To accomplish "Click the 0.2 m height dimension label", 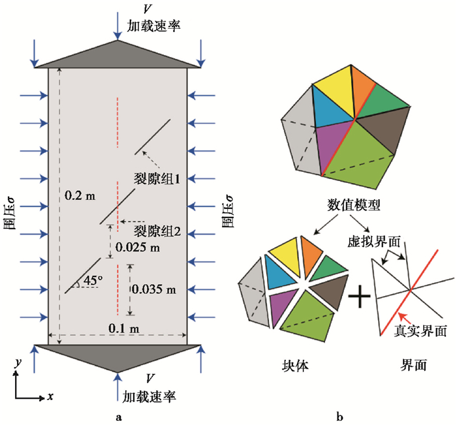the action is (80, 195).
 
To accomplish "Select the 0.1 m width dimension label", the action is (124, 329).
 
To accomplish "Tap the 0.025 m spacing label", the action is (138, 247).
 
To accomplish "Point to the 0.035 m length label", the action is (154, 289).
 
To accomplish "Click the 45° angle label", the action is (93, 280).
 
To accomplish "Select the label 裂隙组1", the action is (157, 178).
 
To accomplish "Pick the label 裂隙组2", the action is (157, 231).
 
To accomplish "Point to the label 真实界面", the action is (420, 331).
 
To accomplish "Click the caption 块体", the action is (295, 365).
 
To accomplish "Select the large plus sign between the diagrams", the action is (360, 296).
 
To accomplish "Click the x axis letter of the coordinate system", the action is (51, 396).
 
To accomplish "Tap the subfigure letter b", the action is (339, 418).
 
